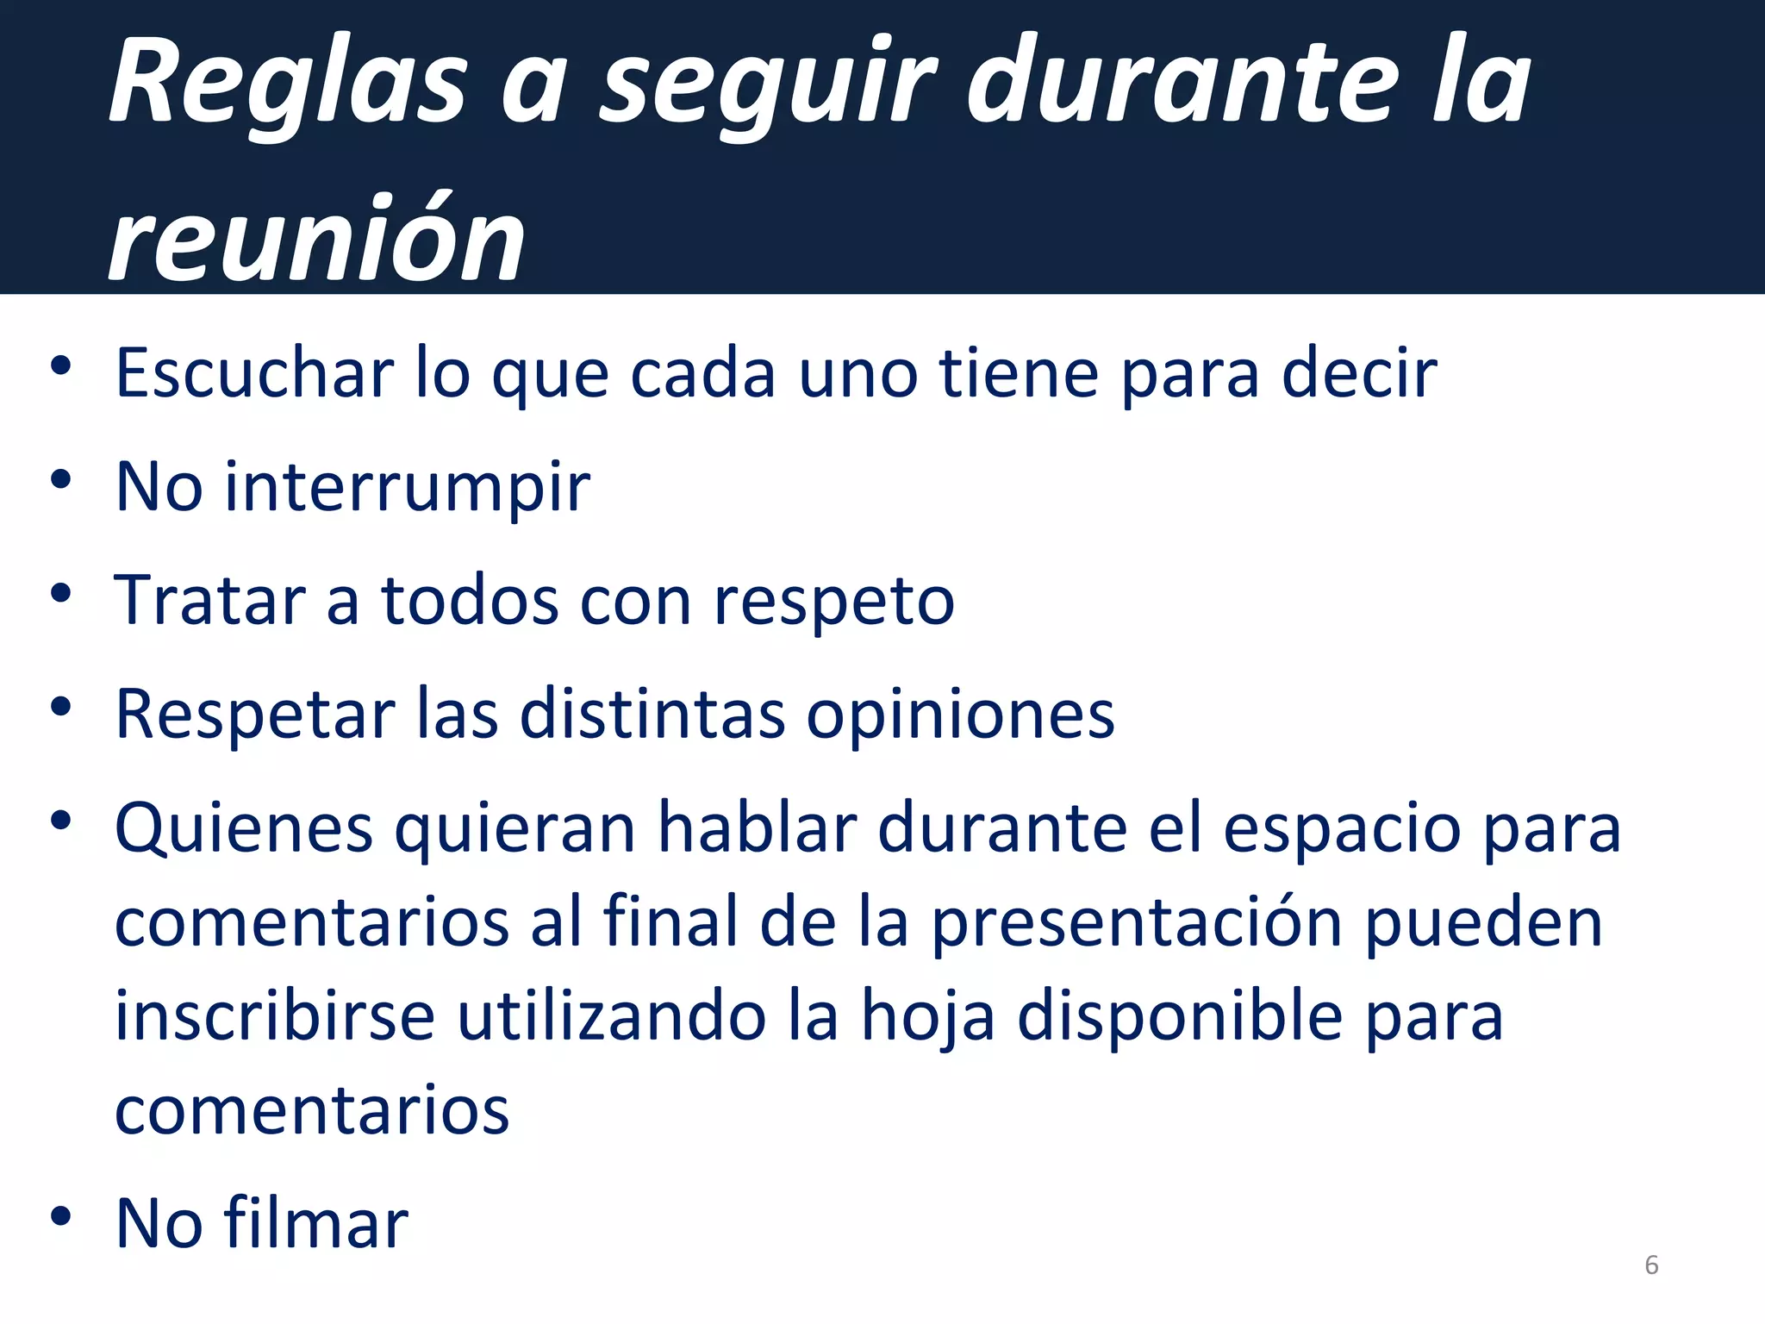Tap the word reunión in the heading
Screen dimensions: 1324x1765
317,239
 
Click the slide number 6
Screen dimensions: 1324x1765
1651,1265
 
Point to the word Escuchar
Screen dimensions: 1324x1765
255,372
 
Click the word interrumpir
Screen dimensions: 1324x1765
408,487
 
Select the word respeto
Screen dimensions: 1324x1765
834,600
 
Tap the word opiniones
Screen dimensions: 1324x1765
960,715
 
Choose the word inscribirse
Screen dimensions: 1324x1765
275,1016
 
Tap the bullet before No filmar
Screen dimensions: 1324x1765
60,1215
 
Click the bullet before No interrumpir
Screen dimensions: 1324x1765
60,479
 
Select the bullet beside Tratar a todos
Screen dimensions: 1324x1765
60,593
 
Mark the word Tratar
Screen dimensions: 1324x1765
209,600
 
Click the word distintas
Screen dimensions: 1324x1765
652,715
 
